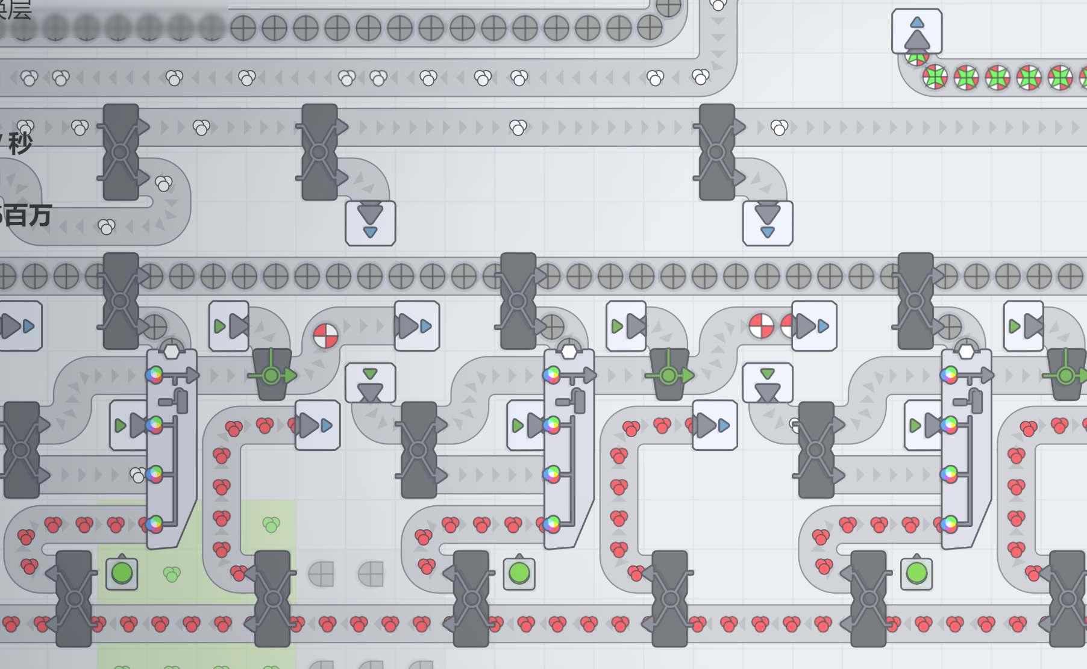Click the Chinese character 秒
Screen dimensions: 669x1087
coord(20,143)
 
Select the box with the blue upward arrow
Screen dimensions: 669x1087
coord(916,31)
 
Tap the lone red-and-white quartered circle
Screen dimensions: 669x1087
coord(326,335)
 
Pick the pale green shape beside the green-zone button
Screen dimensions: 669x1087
coord(172,573)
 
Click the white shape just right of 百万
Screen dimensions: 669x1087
coord(107,227)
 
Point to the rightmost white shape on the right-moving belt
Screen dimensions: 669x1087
coord(779,128)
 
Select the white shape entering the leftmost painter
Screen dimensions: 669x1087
coord(138,475)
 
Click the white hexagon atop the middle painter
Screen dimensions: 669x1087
coord(569,350)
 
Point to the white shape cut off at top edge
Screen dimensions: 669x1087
coord(718,5)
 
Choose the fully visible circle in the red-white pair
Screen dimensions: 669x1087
coord(761,326)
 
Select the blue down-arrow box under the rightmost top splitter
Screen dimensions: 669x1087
coord(768,223)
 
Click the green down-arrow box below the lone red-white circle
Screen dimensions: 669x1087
coord(370,383)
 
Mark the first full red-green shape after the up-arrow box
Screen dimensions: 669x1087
coord(935,77)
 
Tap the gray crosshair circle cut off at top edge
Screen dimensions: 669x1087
coord(668,8)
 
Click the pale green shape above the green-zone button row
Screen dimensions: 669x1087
coord(271,524)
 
